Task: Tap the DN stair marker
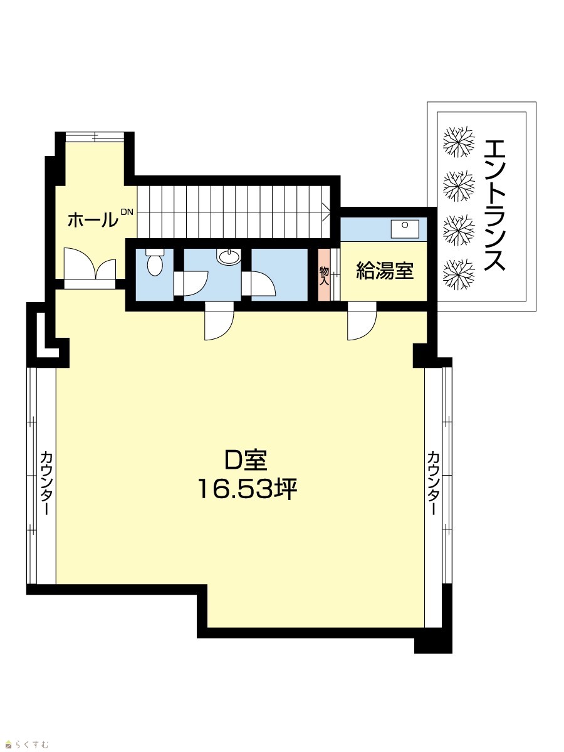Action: [x=127, y=212]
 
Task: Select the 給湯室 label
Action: [x=385, y=271]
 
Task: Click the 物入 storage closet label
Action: [x=324, y=277]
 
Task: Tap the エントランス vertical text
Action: [x=495, y=206]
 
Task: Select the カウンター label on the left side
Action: [x=46, y=483]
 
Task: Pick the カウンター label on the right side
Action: [x=433, y=483]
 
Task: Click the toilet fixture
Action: [x=155, y=261]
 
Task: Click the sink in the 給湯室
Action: [x=405, y=229]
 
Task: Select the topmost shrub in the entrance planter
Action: [x=459, y=142]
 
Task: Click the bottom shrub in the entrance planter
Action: [x=459, y=274]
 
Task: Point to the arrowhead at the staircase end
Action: [x=326, y=212]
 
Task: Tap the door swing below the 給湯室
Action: [x=362, y=321]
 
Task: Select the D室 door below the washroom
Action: [x=219, y=321]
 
